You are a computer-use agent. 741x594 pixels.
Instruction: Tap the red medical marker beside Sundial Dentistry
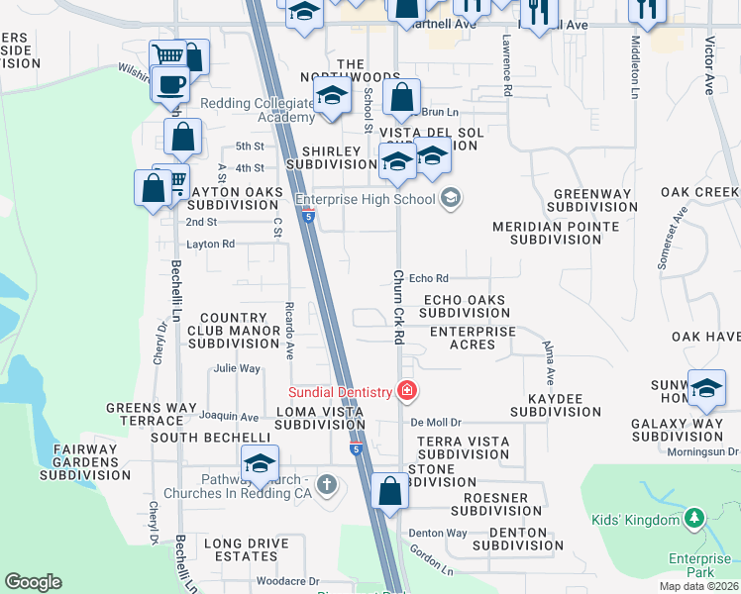pyautogui.click(x=405, y=391)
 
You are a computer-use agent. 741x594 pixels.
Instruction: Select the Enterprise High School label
pyautogui.click(x=372, y=199)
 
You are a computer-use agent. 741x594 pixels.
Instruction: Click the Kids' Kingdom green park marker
pyautogui.click(x=694, y=518)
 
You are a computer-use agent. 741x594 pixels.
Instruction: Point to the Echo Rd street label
pyautogui.click(x=429, y=278)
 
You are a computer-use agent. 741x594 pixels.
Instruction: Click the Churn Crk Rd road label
pyautogui.click(x=398, y=307)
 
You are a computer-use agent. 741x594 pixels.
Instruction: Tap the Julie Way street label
pyautogui.click(x=237, y=368)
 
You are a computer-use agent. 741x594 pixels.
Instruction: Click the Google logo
pyautogui.click(x=33, y=582)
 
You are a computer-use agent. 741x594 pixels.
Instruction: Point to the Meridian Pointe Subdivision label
pyautogui.click(x=556, y=233)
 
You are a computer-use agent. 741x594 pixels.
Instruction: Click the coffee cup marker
pyautogui.click(x=170, y=84)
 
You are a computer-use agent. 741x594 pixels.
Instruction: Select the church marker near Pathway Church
pyautogui.click(x=328, y=484)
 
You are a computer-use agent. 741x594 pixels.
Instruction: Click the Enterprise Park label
pyautogui.click(x=699, y=565)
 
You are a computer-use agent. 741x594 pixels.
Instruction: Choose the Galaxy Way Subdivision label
pyautogui.click(x=677, y=430)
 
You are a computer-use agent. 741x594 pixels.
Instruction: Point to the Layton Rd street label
pyautogui.click(x=210, y=244)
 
